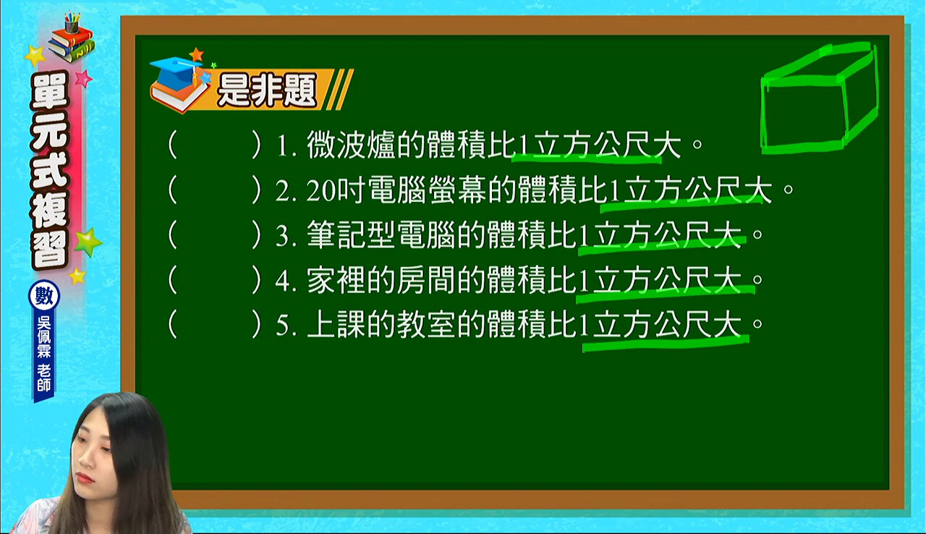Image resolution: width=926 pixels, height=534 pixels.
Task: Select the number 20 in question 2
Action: click(x=320, y=191)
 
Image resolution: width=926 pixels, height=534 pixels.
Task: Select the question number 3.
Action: click(x=286, y=237)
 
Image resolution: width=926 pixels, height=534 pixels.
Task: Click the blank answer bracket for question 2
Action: click(x=215, y=190)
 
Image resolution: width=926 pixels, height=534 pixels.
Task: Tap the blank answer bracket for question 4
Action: click(x=215, y=280)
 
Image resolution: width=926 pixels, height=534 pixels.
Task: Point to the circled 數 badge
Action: click(x=44, y=296)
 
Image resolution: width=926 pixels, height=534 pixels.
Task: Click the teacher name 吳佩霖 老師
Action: click(x=44, y=355)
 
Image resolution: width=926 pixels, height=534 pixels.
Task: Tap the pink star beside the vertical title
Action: click(x=84, y=78)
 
